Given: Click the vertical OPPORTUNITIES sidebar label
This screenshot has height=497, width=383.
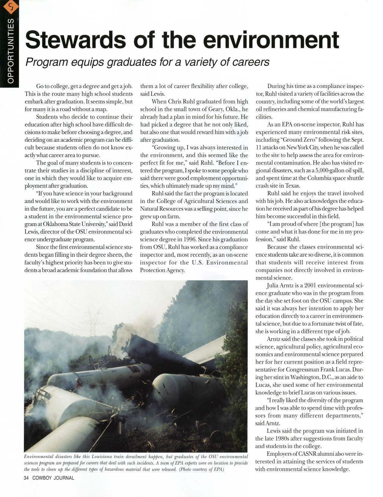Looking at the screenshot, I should tap(10, 51).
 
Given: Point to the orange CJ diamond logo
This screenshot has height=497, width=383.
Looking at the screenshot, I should tap(10, 7).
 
